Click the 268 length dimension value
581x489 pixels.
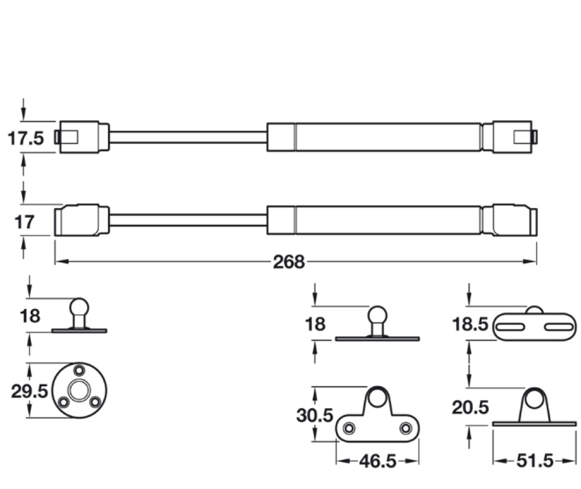click(x=289, y=263)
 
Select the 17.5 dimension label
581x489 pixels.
click(x=26, y=138)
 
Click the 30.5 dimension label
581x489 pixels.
click(x=314, y=416)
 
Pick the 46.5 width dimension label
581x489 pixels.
click(x=378, y=462)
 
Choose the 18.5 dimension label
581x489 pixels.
click(x=470, y=324)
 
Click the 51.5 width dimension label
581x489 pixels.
click(x=533, y=462)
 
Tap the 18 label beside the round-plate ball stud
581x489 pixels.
click(x=30, y=316)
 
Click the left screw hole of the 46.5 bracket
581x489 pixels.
click(x=349, y=429)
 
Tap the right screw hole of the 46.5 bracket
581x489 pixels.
click(x=405, y=429)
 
